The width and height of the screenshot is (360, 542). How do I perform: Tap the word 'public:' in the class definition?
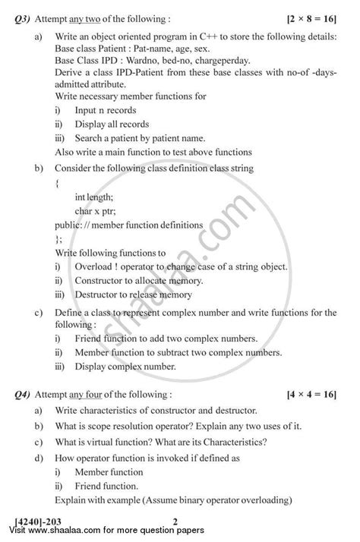pos(69,225)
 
